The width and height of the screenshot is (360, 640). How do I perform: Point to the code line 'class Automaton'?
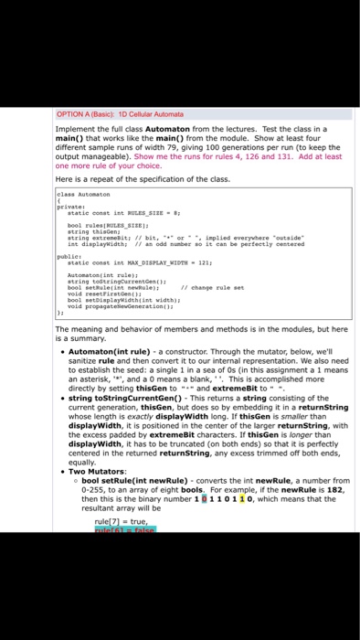(78, 195)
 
